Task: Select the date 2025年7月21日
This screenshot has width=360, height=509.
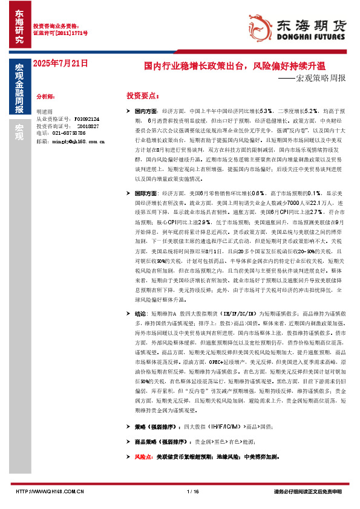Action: pyautogui.click(x=61, y=62)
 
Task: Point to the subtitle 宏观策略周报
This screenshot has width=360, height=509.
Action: pyautogui.click(x=324, y=78)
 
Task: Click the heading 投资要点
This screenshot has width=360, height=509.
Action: pyautogui.click(x=142, y=96)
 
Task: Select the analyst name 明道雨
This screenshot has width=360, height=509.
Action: pyautogui.click(x=45, y=112)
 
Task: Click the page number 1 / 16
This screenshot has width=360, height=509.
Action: pyautogui.click(x=194, y=491)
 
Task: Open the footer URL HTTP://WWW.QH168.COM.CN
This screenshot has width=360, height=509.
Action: pyautogui.click(x=49, y=491)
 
